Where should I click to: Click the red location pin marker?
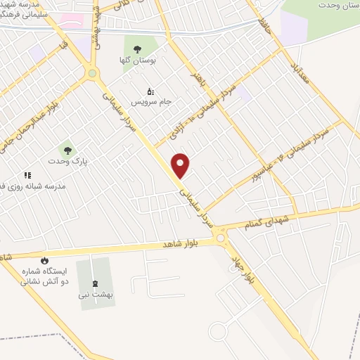(181, 165)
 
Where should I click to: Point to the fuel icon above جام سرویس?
(149, 91)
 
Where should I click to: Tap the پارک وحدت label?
(67, 161)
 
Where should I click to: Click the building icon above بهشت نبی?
(96, 284)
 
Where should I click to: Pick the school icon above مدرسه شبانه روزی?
(27, 174)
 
